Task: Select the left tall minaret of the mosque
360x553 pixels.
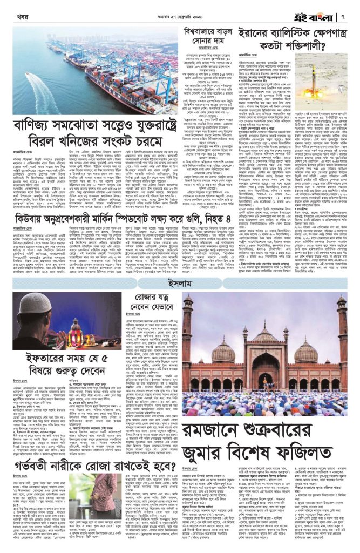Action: click(x=190, y=340)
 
